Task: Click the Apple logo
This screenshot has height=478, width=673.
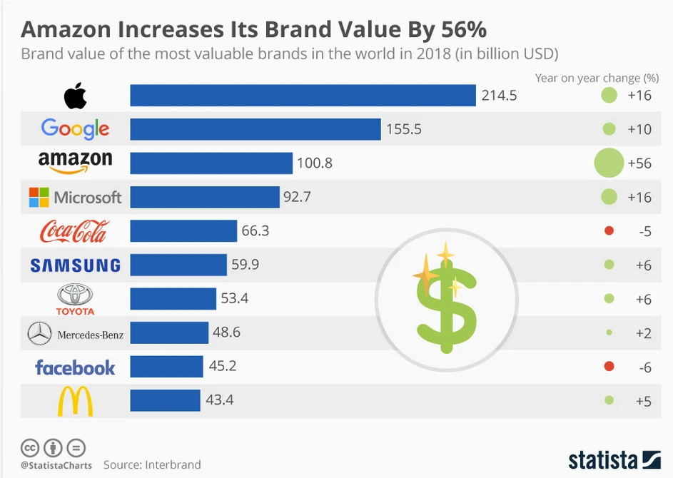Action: click(75, 96)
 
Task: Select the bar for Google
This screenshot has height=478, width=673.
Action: click(255, 129)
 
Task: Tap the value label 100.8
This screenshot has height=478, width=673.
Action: click(315, 163)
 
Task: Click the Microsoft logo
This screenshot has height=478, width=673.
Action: click(75, 198)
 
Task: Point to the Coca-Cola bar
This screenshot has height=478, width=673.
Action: click(183, 231)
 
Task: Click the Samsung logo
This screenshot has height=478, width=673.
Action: click(75, 265)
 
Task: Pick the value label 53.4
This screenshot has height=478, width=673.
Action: click(234, 299)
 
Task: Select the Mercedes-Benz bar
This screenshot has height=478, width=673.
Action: click(169, 332)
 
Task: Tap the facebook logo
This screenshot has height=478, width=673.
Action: click(75, 367)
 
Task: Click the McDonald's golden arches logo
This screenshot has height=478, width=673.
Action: click(75, 401)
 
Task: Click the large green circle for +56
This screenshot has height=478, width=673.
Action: click(609, 163)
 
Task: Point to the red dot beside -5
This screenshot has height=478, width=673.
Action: click(609, 230)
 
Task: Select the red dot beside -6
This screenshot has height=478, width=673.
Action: click(609, 366)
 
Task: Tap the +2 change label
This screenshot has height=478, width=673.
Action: click(643, 332)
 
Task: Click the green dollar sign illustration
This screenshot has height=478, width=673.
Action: click(446, 300)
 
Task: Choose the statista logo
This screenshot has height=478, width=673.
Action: click(614, 459)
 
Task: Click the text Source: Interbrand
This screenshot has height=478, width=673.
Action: click(152, 464)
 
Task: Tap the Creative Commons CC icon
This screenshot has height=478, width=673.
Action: click(30, 448)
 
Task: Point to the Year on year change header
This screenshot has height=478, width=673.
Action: click(597, 77)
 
